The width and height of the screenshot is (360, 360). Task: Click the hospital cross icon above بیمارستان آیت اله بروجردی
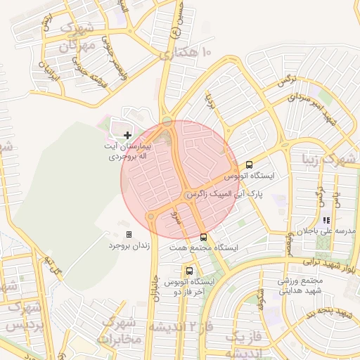127,134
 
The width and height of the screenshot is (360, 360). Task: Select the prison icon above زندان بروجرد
129,234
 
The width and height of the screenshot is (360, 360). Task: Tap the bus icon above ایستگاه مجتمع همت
203,237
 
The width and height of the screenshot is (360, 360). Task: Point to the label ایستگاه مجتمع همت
203,248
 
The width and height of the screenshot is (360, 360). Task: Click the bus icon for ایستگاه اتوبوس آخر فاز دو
189,270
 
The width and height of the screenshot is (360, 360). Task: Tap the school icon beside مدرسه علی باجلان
326,220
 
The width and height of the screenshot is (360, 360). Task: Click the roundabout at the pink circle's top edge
167,122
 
